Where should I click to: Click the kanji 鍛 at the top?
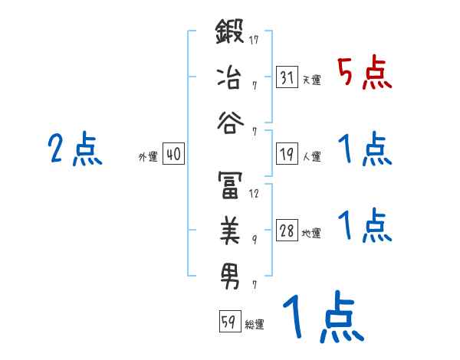(x=231, y=35)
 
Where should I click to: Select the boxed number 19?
(x=287, y=154)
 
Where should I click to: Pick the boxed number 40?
(x=173, y=154)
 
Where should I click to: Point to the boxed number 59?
(x=228, y=322)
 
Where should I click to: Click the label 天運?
(x=312, y=80)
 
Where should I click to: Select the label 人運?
(x=312, y=156)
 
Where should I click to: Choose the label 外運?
(x=148, y=156)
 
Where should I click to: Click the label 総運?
(x=254, y=324)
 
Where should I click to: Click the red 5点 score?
(x=364, y=74)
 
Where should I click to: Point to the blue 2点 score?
(x=74, y=149)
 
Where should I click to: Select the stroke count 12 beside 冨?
(x=254, y=194)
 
